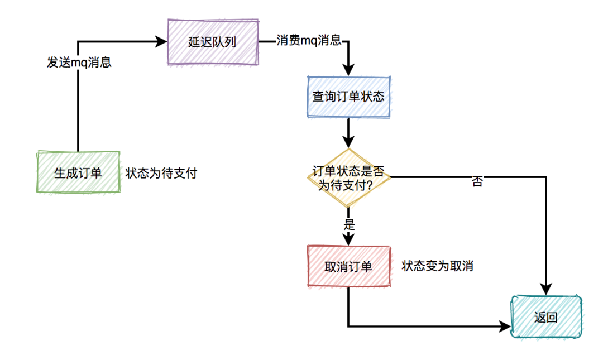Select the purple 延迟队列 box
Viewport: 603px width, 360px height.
pyautogui.click(x=213, y=42)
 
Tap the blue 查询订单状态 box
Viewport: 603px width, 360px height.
pyautogui.click(x=348, y=96)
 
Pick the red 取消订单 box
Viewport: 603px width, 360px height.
pyautogui.click(x=348, y=266)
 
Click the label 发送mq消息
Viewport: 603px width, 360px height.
pyautogui.click(x=79, y=63)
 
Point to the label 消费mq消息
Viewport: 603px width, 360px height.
pyautogui.click(x=309, y=41)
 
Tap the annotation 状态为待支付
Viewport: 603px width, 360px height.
pyautogui.click(x=161, y=173)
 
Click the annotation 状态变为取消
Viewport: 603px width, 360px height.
pyautogui.click(x=437, y=266)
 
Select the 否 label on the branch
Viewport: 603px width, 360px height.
pyautogui.click(x=477, y=181)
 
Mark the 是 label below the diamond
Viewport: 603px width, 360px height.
pyautogui.click(x=350, y=225)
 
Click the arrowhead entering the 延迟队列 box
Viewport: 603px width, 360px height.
pyautogui.click(x=162, y=41)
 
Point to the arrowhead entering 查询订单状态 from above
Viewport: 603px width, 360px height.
pyautogui.click(x=348, y=70)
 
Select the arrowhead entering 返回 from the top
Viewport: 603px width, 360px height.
pyautogui.click(x=546, y=289)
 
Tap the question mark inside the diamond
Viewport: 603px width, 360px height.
pyautogui.click(x=369, y=186)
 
